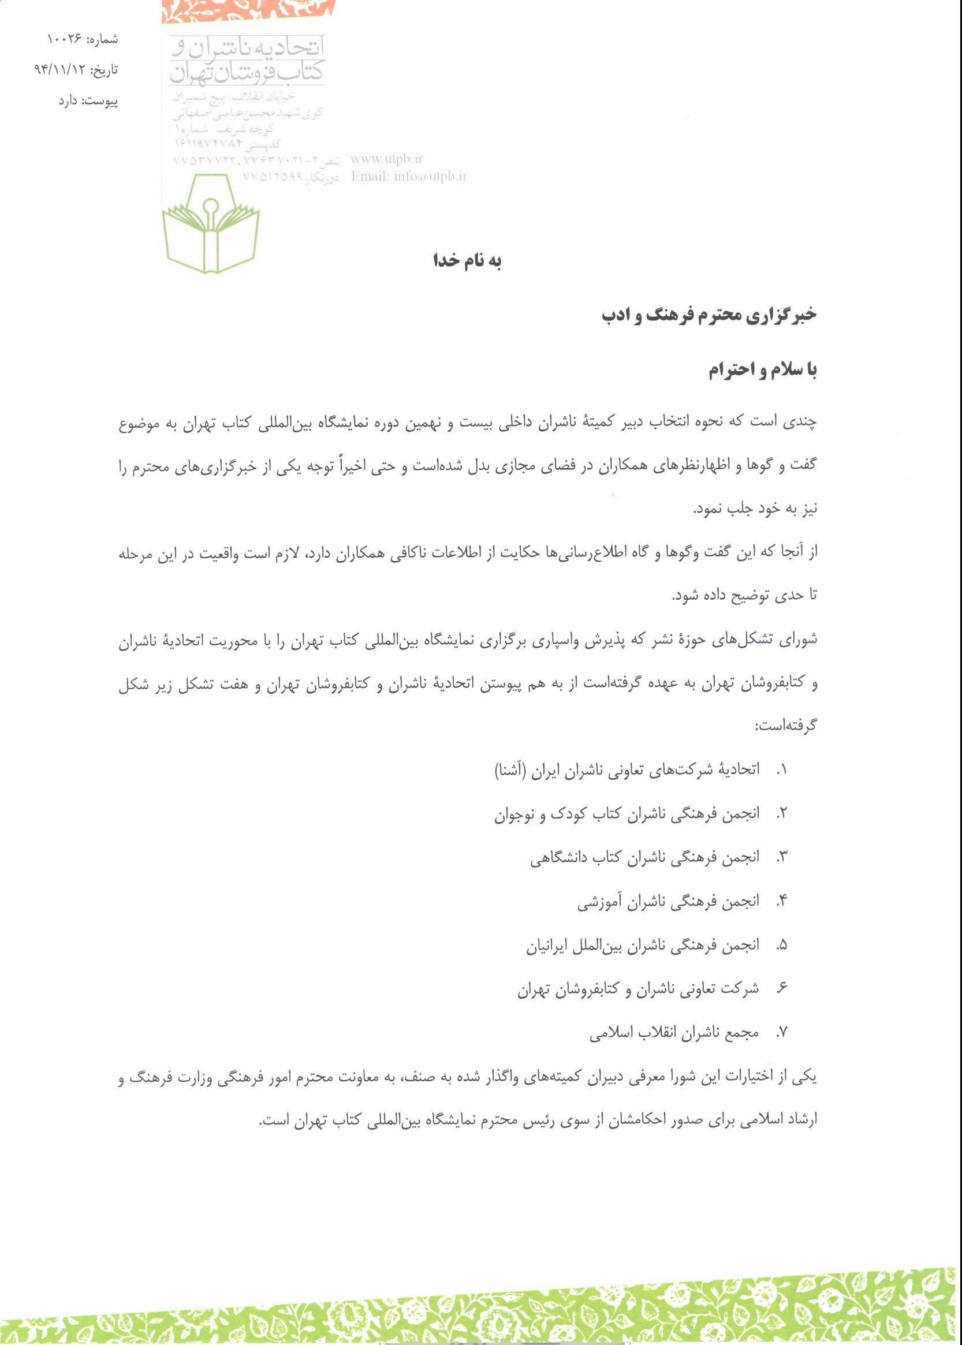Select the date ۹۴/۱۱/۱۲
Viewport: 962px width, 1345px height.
coord(59,70)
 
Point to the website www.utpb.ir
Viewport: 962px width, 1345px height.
coord(387,159)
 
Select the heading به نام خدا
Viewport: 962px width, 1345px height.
coord(467,261)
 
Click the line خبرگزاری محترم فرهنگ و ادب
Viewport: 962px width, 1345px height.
coord(709,315)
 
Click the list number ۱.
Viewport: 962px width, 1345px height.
coord(782,771)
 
